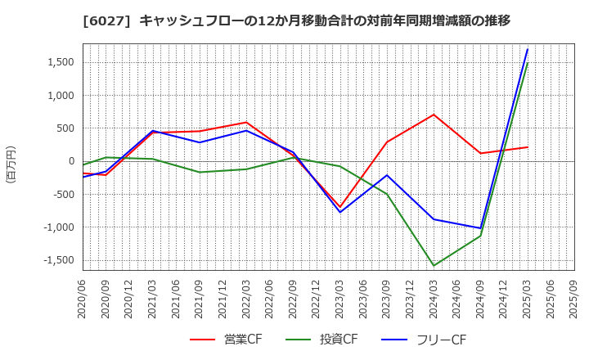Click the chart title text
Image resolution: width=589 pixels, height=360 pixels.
(294, 20)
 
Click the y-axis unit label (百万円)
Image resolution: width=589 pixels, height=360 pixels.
(11, 164)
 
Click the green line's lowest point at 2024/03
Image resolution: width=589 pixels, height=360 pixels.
(434, 266)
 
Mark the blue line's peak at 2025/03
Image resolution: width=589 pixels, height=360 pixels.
(528, 49)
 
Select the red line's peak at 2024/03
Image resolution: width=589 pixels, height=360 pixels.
(434, 115)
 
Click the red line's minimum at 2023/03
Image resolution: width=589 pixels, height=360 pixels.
(340, 208)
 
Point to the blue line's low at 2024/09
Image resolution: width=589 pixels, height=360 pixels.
(481, 228)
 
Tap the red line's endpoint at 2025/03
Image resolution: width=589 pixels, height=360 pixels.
(528, 147)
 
